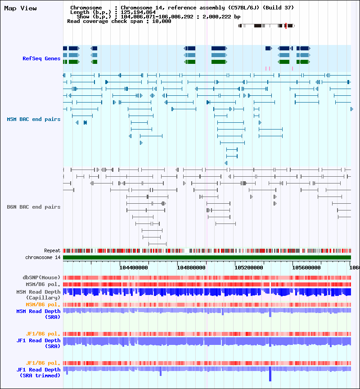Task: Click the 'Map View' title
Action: click(21, 8)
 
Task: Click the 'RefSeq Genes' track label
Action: click(41, 58)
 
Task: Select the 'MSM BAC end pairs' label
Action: click(33, 119)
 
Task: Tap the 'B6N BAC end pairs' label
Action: click(33, 207)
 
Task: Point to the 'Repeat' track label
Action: click(52, 250)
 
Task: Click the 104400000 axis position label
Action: click(134, 267)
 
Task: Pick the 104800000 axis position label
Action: click(191, 267)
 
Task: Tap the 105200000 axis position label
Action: click(249, 267)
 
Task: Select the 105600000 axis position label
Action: click(306, 267)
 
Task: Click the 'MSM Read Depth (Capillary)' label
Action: click(38, 295)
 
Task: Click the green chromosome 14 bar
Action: click(207, 257)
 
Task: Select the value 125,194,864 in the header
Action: click(139, 12)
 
